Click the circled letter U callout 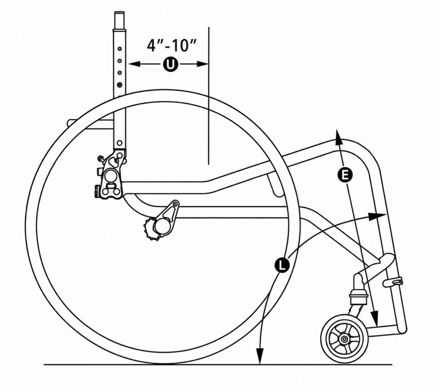[x=170, y=64]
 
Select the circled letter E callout [x=345, y=175]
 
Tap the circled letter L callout [x=282, y=265]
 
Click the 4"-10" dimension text [x=171, y=45]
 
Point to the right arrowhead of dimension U [x=203, y=64]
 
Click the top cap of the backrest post [x=119, y=20]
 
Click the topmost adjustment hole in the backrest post [x=120, y=49]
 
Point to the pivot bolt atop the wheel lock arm [x=176, y=203]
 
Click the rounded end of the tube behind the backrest [x=70, y=122]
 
